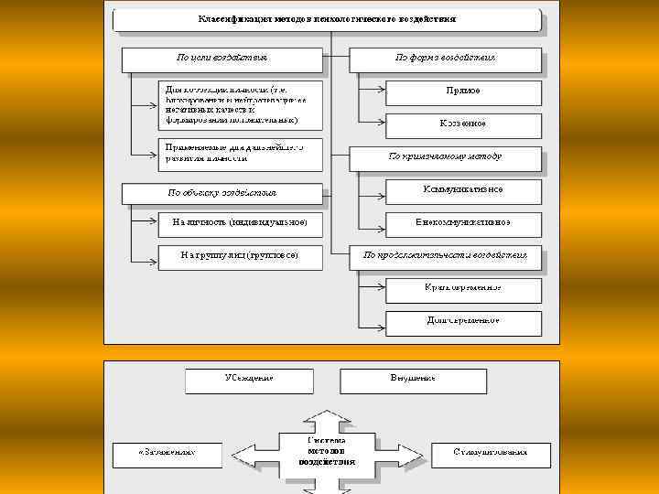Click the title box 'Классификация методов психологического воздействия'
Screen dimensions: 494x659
[327, 19]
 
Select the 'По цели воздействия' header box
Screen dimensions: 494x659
[222, 58]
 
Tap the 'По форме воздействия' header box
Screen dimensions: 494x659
[446, 58]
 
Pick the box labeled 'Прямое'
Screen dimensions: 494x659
[463, 91]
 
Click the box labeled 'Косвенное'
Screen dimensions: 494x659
[463, 123]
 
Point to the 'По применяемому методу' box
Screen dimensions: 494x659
[446, 156]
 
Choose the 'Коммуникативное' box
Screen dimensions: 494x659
[463, 189]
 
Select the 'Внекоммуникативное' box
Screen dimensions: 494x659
[463, 222]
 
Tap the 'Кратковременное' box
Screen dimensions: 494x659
[463, 288]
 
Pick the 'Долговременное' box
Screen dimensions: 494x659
[463, 321]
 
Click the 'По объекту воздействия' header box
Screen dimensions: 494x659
[222, 193]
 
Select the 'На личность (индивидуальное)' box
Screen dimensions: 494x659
[240, 222]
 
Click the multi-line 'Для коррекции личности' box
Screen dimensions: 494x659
[240, 105]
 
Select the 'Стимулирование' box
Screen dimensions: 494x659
[491, 453]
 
